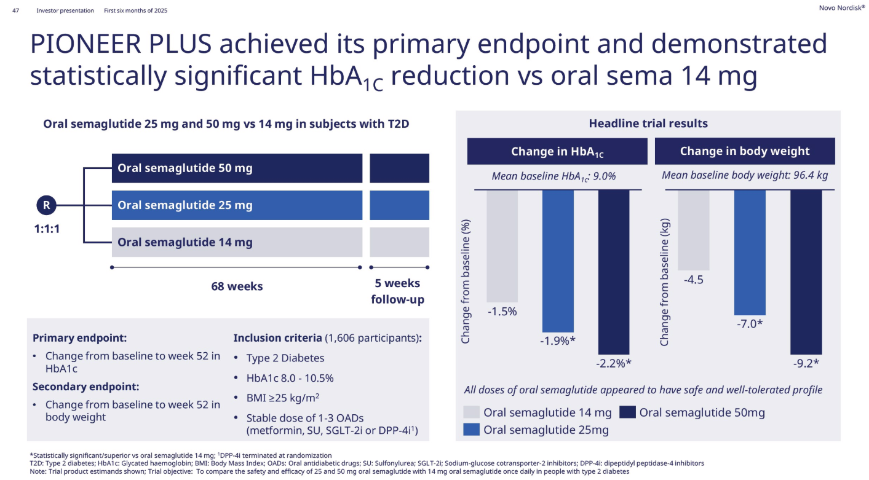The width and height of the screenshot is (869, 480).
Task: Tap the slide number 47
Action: pyautogui.click(x=16, y=10)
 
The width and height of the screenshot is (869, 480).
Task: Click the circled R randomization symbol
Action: pyautogui.click(x=46, y=205)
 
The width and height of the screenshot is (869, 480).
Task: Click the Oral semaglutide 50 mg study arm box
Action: pyautogui.click(x=237, y=168)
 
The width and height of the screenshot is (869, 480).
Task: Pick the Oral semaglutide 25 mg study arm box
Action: pyautogui.click(x=237, y=205)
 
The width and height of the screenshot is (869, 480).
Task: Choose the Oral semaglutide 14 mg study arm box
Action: pyautogui.click(x=237, y=242)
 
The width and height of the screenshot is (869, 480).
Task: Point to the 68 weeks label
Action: pyautogui.click(x=237, y=286)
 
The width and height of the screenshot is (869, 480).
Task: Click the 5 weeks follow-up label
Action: pyautogui.click(x=398, y=291)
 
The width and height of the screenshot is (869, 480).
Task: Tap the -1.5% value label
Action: pyautogui.click(x=502, y=312)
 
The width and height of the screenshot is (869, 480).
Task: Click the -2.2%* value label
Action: pyautogui.click(x=614, y=363)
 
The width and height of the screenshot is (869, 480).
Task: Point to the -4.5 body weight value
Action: pyautogui.click(x=693, y=280)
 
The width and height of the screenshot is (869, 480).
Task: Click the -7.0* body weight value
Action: pyautogui.click(x=749, y=324)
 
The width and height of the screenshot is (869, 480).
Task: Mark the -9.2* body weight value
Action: pyautogui.click(x=806, y=363)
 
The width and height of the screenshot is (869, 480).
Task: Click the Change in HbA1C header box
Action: pyautogui.click(x=557, y=151)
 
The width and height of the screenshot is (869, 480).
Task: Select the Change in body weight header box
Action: pyautogui.click(x=745, y=151)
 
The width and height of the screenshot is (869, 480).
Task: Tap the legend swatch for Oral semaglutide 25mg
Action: pyautogui.click(x=471, y=430)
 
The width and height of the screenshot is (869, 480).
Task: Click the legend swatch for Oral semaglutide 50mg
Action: pyautogui.click(x=627, y=412)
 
